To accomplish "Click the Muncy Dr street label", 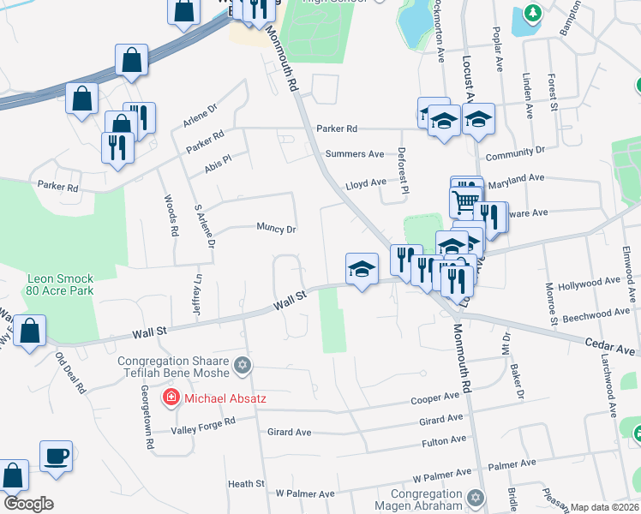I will coord(276,229).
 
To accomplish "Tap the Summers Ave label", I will coord(355,154).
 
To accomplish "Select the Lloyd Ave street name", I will coord(365,183).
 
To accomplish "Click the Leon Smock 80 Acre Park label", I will coord(59,284).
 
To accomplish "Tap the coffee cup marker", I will coord(57,456).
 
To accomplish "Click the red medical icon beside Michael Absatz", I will coord(171,397).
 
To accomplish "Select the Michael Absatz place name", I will coord(219,397).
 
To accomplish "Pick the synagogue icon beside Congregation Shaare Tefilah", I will coord(243,366).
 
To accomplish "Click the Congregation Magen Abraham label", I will coord(427,499).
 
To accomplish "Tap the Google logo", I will coord(28,504).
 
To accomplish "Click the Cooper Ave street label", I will coord(434,398).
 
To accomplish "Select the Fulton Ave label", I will coord(444,441).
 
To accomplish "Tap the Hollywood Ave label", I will coord(588,282).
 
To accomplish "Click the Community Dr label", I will coord(514,152).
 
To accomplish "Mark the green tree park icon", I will coord(533,14).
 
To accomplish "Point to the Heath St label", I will coord(246,484).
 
